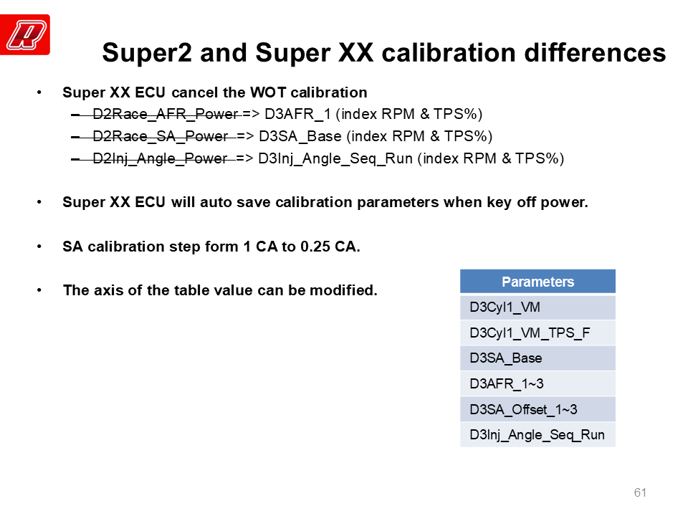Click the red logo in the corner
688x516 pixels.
tap(25, 34)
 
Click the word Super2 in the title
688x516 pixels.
tap(147, 53)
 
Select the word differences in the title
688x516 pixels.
tap(595, 52)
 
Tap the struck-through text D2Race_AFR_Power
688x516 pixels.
tap(166, 114)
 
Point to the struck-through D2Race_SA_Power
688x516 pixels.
tap(160, 136)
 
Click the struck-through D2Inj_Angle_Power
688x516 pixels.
tap(160, 158)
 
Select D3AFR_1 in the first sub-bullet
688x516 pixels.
tap(297, 114)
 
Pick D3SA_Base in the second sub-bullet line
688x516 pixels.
tap(300, 136)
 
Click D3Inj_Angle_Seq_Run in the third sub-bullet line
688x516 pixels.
tap(335, 158)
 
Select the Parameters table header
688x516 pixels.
tap(537, 281)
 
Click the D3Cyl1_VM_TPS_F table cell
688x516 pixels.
tap(537, 333)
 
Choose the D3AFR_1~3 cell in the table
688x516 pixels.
tap(537, 384)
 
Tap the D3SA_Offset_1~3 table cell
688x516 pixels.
tap(537, 409)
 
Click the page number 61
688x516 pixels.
tap(640, 492)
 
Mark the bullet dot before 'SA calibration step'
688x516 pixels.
tap(39, 247)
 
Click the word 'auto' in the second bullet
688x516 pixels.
tap(214, 203)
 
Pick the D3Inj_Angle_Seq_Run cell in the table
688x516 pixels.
tap(537, 435)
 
